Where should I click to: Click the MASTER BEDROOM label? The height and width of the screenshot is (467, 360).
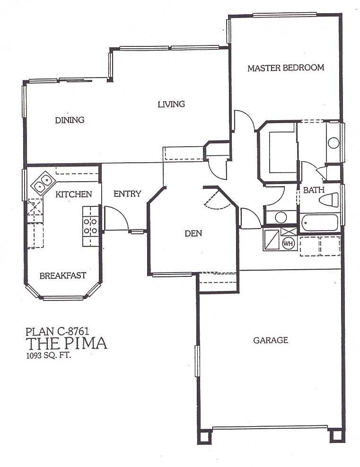[x=286, y=68]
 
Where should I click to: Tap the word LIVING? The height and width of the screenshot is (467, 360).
[x=171, y=104]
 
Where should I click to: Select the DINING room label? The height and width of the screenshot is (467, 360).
[x=70, y=120]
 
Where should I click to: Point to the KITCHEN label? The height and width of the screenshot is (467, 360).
[x=73, y=194]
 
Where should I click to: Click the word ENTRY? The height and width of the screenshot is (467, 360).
[x=127, y=194]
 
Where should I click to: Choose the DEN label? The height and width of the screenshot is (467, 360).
[x=193, y=233]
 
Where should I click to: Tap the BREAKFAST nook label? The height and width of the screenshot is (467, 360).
[x=63, y=275]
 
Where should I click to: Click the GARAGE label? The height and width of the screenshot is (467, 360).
[x=271, y=340]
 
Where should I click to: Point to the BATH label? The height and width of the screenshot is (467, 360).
[x=314, y=190]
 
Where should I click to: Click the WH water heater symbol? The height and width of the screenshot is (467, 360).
[x=288, y=243]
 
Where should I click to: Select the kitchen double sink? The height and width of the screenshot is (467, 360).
[x=42, y=183]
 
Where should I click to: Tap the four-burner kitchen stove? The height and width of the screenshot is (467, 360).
[x=90, y=226]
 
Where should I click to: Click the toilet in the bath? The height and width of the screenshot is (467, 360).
[x=329, y=200]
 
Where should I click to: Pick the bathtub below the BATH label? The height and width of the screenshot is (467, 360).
[x=319, y=223]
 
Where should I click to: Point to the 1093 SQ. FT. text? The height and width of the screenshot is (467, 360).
[x=49, y=355]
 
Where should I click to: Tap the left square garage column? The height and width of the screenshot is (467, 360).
[x=204, y=437]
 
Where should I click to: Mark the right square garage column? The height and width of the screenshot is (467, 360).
[x=337, y=436]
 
